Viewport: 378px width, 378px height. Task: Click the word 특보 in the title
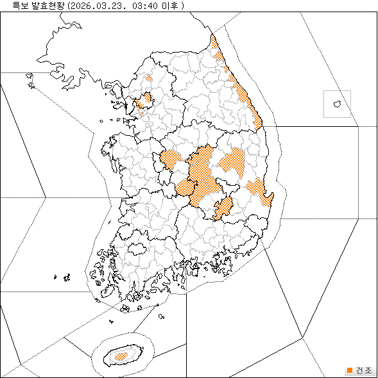click(x=11, y=6)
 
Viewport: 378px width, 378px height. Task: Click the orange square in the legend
click(x=349, y=370)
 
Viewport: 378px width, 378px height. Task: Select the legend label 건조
click(x=363, y=370)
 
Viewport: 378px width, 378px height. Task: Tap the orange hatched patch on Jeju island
click(x=120, y=354)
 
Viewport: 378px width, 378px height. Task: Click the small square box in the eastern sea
click(x=337, y=104)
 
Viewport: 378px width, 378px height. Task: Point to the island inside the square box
click(x=336, y=103)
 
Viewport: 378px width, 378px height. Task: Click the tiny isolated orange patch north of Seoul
click(x=149, y=78)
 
